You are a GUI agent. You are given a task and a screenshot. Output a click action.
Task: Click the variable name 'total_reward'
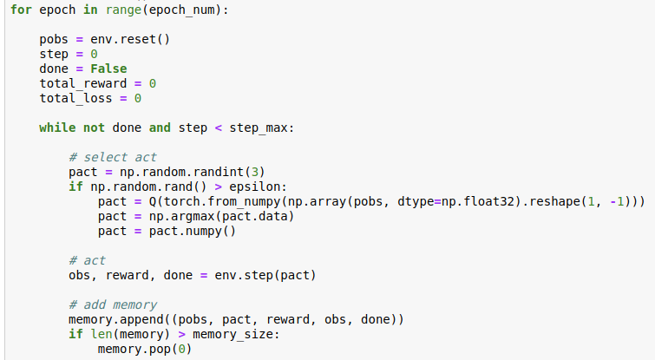tap(83, 83)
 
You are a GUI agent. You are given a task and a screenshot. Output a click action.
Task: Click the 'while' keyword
tap(57, 128)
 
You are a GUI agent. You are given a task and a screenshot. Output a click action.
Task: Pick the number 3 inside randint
tap(256, 172)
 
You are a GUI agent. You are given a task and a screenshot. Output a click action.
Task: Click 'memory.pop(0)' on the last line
tap(145, 349)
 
